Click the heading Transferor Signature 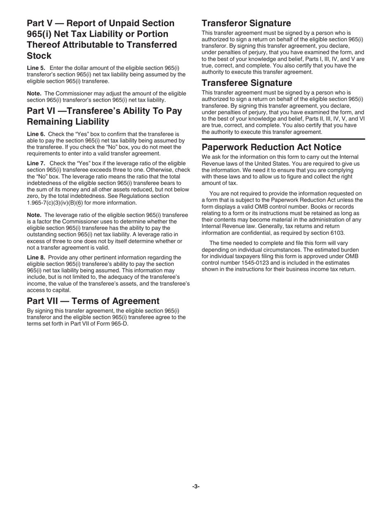(246, 23)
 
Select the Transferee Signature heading (247, 83)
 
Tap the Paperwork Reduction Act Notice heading (271, 147)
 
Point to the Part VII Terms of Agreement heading (93, 301)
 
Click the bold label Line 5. (36, 68)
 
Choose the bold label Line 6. (36, 134)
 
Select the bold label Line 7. (36, 164)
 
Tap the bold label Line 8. (36, 257)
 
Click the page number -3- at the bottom (196, 487)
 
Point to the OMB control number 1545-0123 (253, 263)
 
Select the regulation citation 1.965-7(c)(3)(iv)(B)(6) (54, 203)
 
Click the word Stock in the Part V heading (39, 56)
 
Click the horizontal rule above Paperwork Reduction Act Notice (283, 139)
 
